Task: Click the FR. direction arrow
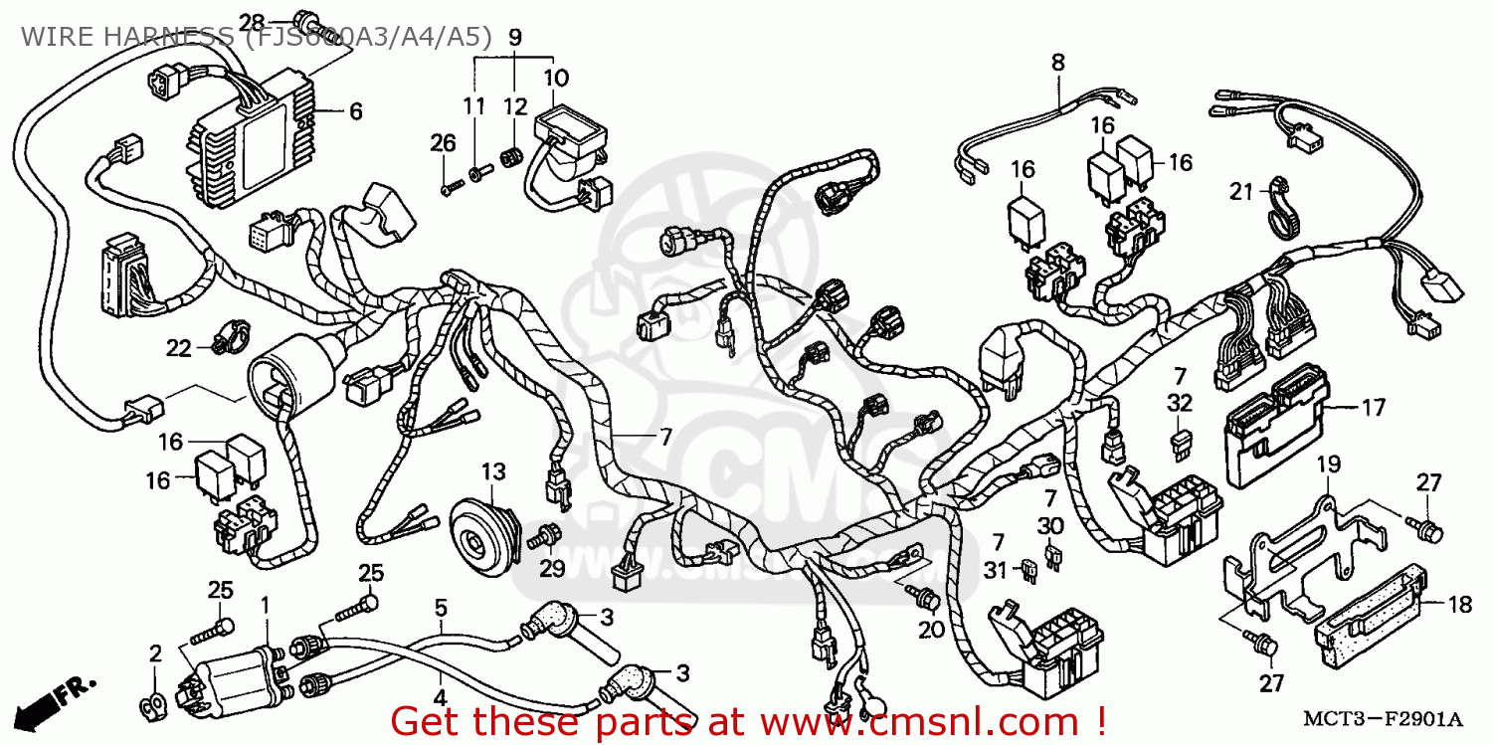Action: pos(59,696)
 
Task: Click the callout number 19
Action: pos(1330,464)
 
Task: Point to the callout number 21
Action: pos(1239,192)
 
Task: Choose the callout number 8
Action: pos(1057,63)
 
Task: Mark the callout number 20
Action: pos(930,630)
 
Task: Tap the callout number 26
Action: pos(443,143)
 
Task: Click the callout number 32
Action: pos(1179,403)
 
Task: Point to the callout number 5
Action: pos(441,608)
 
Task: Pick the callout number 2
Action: pos(155,653)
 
